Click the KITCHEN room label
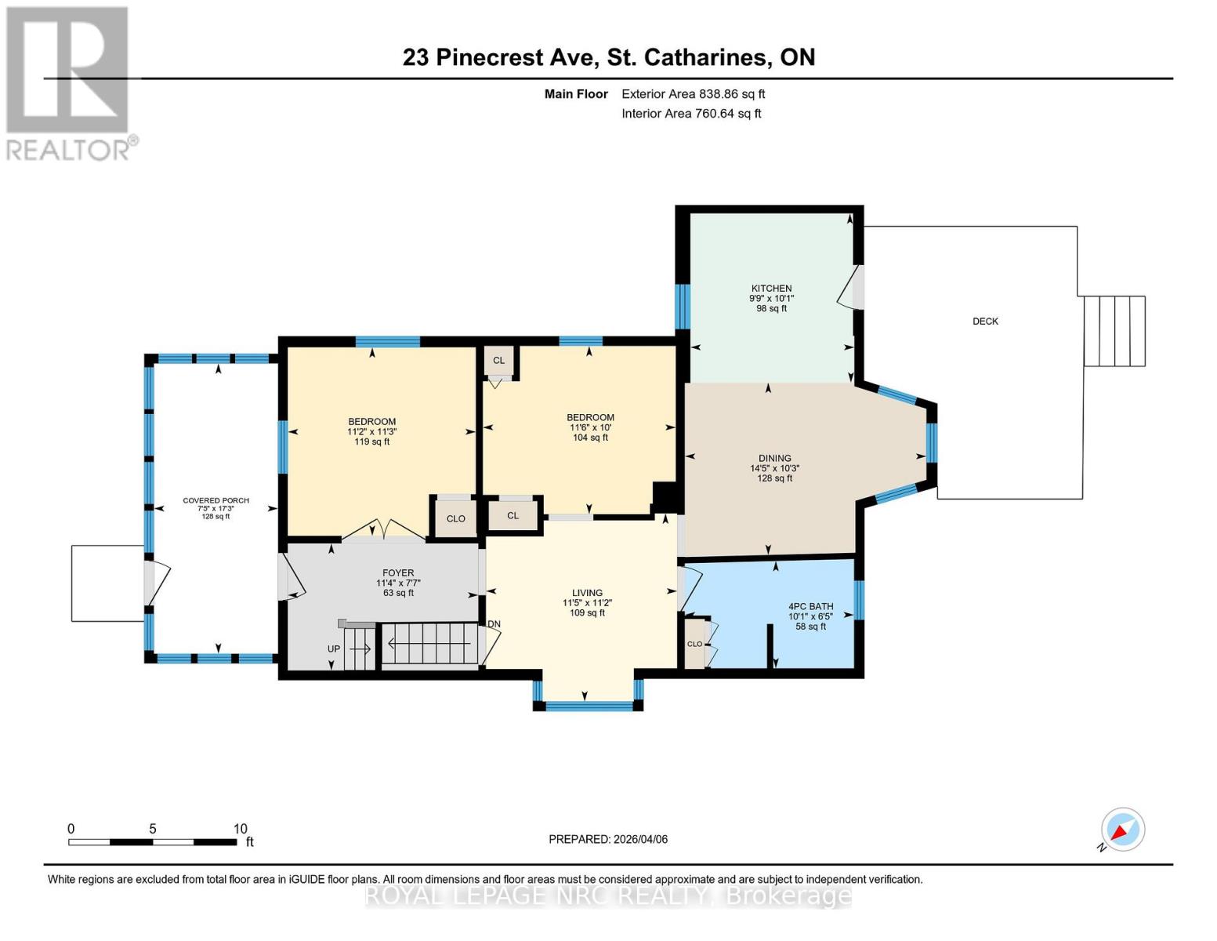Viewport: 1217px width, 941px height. tap(771, 289)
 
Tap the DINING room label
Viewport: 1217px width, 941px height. tap(774, 459)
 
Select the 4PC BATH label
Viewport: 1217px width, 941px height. tap(810, 606)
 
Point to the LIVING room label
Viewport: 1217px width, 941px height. tap(587, 594)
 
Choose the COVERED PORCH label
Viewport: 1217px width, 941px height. tap(216, 500)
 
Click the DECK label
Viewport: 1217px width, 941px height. tap(985, 321)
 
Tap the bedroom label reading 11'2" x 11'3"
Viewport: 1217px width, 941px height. tap(372, 431)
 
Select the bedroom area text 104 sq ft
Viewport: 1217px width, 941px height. tap(590, 438)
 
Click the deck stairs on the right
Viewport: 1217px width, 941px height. tap(1114, 331)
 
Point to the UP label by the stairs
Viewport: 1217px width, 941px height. tap(334, 649)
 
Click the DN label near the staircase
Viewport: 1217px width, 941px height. tap(494, 624)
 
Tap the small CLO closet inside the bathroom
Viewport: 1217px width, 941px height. tap(695, 644)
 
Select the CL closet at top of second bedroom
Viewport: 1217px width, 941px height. tap(498, 361)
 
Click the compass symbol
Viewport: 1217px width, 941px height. tap(1122, 830)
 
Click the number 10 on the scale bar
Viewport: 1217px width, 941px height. tap(240, 829)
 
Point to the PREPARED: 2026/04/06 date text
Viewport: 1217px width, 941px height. tap(608, 839)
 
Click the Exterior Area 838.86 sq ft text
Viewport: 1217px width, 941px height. tap(693, 94)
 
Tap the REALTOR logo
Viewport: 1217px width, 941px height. tap(69, 82)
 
